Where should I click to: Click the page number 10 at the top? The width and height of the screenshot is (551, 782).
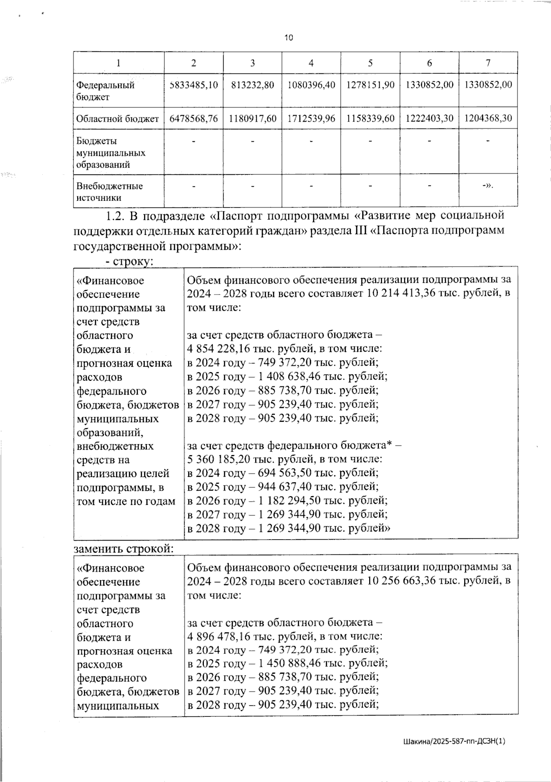288,38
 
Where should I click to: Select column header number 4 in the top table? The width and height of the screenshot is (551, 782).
311,63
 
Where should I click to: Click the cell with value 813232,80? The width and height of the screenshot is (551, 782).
253,85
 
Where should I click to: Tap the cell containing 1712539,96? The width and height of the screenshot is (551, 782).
311,118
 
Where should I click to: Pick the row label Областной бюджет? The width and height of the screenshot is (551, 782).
118,119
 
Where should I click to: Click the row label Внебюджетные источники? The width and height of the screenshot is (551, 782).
110,192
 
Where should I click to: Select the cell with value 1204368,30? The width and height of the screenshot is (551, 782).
488,118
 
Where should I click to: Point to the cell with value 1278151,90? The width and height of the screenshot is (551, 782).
370,85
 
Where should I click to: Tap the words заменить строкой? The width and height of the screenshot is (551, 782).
123,548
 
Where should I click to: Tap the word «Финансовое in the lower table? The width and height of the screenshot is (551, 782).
111,568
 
